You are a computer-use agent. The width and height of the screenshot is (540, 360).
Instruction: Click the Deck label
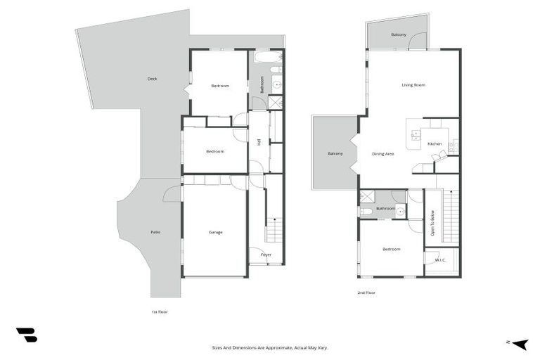coord(152,79)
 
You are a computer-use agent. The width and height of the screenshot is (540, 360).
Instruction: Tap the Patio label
coord(155,232)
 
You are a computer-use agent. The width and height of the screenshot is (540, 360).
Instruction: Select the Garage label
coord(216,232)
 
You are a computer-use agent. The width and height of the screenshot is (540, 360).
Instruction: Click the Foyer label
coord(266,255)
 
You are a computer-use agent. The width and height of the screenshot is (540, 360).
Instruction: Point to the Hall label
coord(259,142)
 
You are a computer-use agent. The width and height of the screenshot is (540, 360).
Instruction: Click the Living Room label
coord(413,85)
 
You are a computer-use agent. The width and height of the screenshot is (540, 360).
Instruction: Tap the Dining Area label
coord(383,154)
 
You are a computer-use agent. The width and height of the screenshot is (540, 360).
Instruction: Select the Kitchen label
coord(435,143)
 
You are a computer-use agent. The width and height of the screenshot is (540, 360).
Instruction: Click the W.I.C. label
coord(440,260)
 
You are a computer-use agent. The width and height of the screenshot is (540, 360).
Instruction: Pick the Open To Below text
coord(432,223)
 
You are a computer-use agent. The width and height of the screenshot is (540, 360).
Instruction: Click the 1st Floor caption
coord(160,312)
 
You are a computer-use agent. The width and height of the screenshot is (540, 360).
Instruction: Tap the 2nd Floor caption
coord(366,292)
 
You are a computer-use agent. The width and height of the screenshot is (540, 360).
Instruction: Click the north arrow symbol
coord(520,344)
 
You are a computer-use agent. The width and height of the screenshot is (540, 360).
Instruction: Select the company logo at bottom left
coord(27,335)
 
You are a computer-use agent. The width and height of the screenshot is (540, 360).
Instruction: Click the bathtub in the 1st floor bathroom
coord(269,57)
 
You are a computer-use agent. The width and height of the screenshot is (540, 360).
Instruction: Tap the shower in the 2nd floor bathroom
coord(367,197)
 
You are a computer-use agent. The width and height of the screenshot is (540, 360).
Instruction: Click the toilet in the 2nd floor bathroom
coord(366,211)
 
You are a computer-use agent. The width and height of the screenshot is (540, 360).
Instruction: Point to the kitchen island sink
coord(416,135)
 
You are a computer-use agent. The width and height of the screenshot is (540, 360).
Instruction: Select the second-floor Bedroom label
coord(392,249)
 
